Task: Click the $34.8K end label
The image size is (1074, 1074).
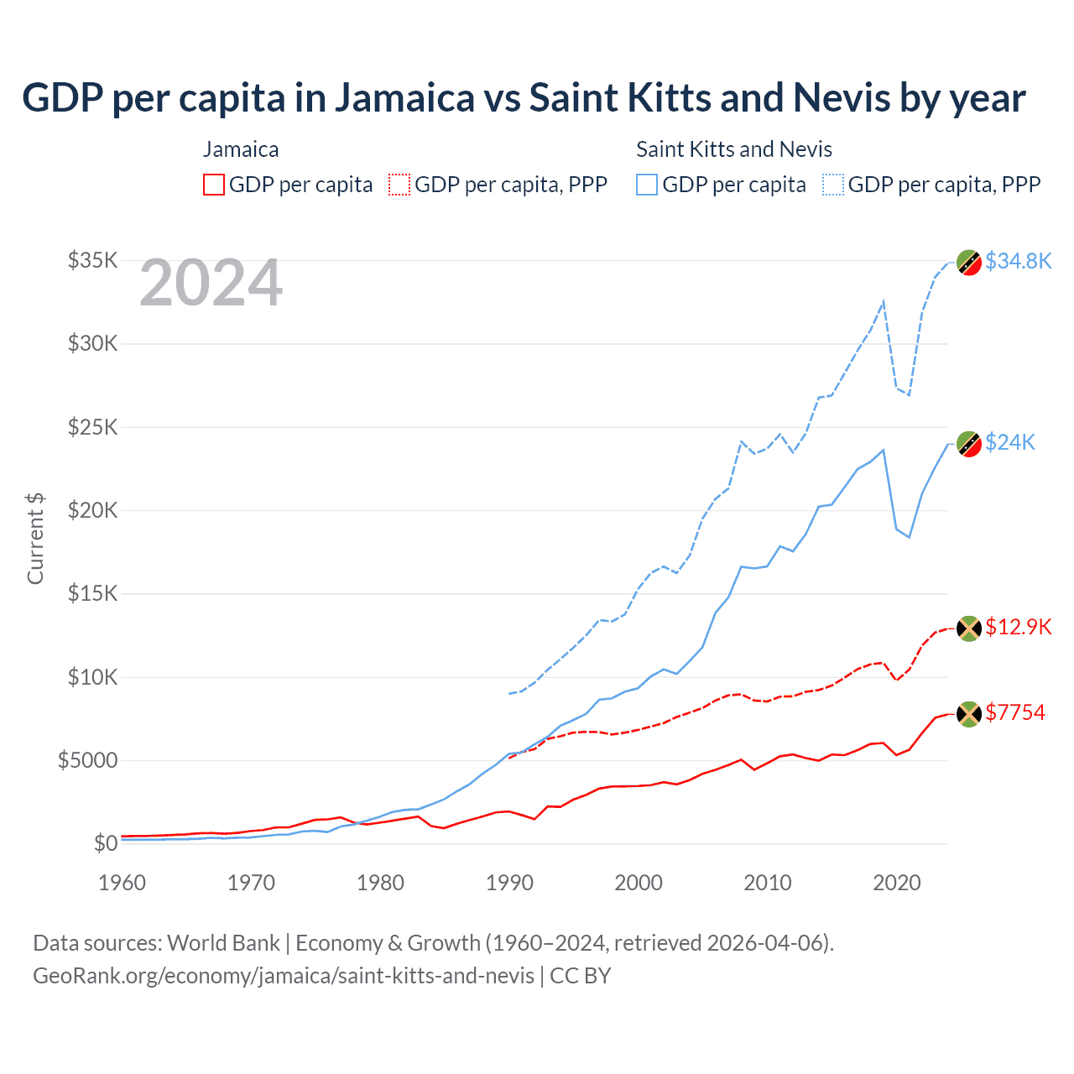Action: click(x=1018, y=261)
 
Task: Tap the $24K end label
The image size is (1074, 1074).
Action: click(x=1010, y=442)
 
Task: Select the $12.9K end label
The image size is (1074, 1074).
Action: click(x=1018, y=627)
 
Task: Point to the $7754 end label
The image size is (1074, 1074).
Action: click(x=1015, y=712)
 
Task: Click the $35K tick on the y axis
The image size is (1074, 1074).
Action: click(x=92, y=260)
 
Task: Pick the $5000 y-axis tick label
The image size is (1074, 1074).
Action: click(x=87, y=760)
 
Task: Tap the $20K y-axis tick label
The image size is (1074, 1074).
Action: click(x=92, y=510)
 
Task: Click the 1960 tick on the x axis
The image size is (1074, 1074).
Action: click(x=123, y=883)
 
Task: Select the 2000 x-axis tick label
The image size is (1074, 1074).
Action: click(x=639, y=883)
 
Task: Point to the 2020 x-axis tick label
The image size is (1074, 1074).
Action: click(x=897, y=883)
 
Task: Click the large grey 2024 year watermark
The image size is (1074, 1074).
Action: click(x=211, y=284)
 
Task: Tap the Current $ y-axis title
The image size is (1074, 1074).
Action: click(x=35, y=539)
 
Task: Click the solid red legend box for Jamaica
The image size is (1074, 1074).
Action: click(x=214, y=185)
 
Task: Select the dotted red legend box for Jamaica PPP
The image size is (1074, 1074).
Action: click(x=399, y=185)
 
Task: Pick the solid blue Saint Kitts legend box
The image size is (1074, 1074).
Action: click(x=647, y=185)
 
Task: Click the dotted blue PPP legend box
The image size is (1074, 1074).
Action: click(x=833, y=185)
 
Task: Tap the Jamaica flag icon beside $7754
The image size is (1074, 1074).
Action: click(x=969, y=714)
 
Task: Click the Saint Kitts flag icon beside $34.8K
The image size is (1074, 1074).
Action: click(x=969, y=263)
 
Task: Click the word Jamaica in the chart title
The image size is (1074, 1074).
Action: click(x=405, y=97)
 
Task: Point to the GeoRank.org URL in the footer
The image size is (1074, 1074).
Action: click(x=284, y=976)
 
